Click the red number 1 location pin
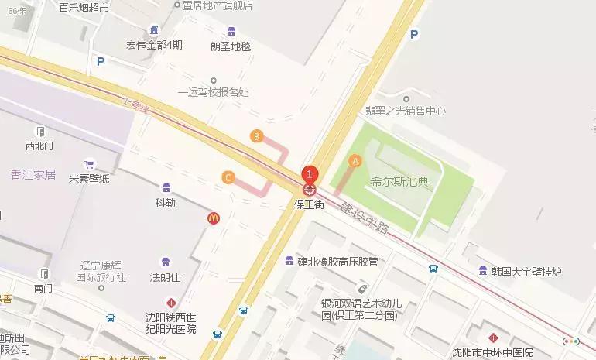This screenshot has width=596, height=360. (x=310, y=174)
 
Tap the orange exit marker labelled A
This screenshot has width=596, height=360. (x=356, y=161)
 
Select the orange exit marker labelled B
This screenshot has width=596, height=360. (x=256, y=136)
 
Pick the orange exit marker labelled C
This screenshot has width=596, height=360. (x=228, y=177)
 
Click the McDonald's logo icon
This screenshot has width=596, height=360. (x=214, y=218)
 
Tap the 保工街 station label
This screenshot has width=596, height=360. (x=309, y=205)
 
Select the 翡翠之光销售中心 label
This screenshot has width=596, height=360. (x=406, y=111)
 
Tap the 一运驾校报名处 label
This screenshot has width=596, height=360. (x=214, y=92)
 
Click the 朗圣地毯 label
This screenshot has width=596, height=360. (x=231, y=46)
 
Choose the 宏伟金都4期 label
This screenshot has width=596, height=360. (x=155, y=44)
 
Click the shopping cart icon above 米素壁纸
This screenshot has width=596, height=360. (x=89, y=164)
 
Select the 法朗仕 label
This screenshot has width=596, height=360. (x=164, y=276)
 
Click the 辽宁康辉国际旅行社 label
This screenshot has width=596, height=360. (x=101, y=269)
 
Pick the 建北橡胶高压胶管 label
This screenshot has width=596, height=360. (x=337, y=261)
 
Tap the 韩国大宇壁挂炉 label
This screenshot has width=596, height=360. (x=531, y=271)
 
